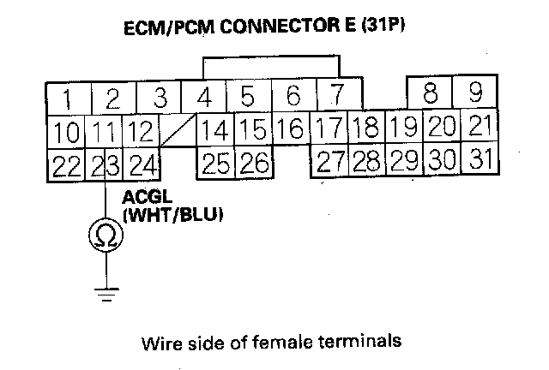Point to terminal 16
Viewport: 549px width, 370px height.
[x=292, y=130]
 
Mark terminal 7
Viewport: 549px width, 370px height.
[x=336, y=92]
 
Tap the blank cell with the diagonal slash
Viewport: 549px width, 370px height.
[x=178, y=131]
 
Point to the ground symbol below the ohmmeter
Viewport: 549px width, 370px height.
[x=105, y=295]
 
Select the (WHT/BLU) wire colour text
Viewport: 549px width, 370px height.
[x=173, y=216]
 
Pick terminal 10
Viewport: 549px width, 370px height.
[x=64, y=132]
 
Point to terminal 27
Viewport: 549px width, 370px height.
[x=329, y=160]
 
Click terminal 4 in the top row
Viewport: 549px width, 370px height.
[x=203, y=95]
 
